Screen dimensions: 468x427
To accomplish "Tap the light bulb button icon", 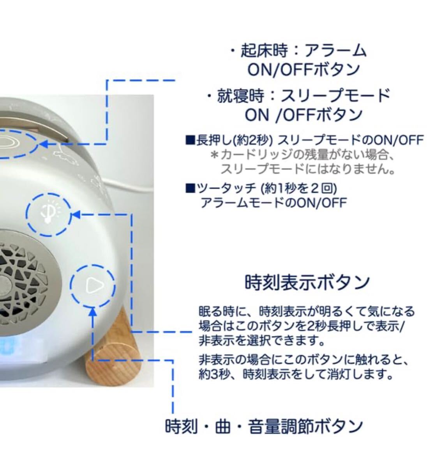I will [49, 214].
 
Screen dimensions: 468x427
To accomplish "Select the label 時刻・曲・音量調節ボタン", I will [264, 426].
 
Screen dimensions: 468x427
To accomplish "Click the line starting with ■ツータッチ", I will [261, 189].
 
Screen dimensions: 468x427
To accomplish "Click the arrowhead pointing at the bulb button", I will [76, 214].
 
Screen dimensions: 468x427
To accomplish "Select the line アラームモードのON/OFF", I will [273, 203].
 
